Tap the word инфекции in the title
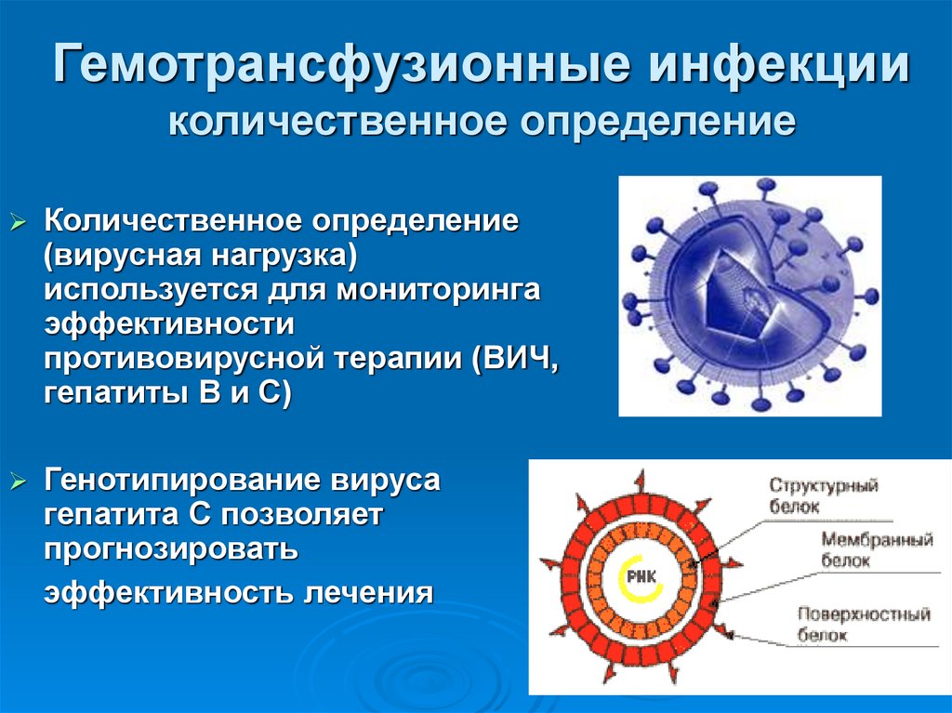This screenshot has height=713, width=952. (x=779, y=68)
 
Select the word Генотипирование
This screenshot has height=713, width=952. (x=178, y=482)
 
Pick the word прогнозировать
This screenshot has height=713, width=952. (x=170, y=549)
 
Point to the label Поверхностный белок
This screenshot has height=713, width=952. (x=864, y=625)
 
